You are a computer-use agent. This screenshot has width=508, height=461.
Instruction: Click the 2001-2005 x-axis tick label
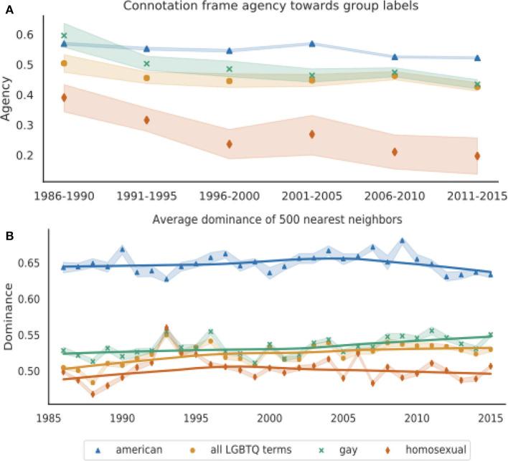pyautogui.click(x=311, y=196)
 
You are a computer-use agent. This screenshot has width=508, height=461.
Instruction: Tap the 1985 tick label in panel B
pyautogui.click(x=48, y=418)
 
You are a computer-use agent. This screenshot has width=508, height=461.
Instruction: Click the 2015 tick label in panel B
pyautogui.click(x=491, y=418)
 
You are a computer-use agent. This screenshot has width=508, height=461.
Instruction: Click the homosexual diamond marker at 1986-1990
pyautogui.click(x=64, y=98)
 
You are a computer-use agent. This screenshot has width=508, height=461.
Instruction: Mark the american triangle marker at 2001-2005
pyautogui.click(x=312, y=44)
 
